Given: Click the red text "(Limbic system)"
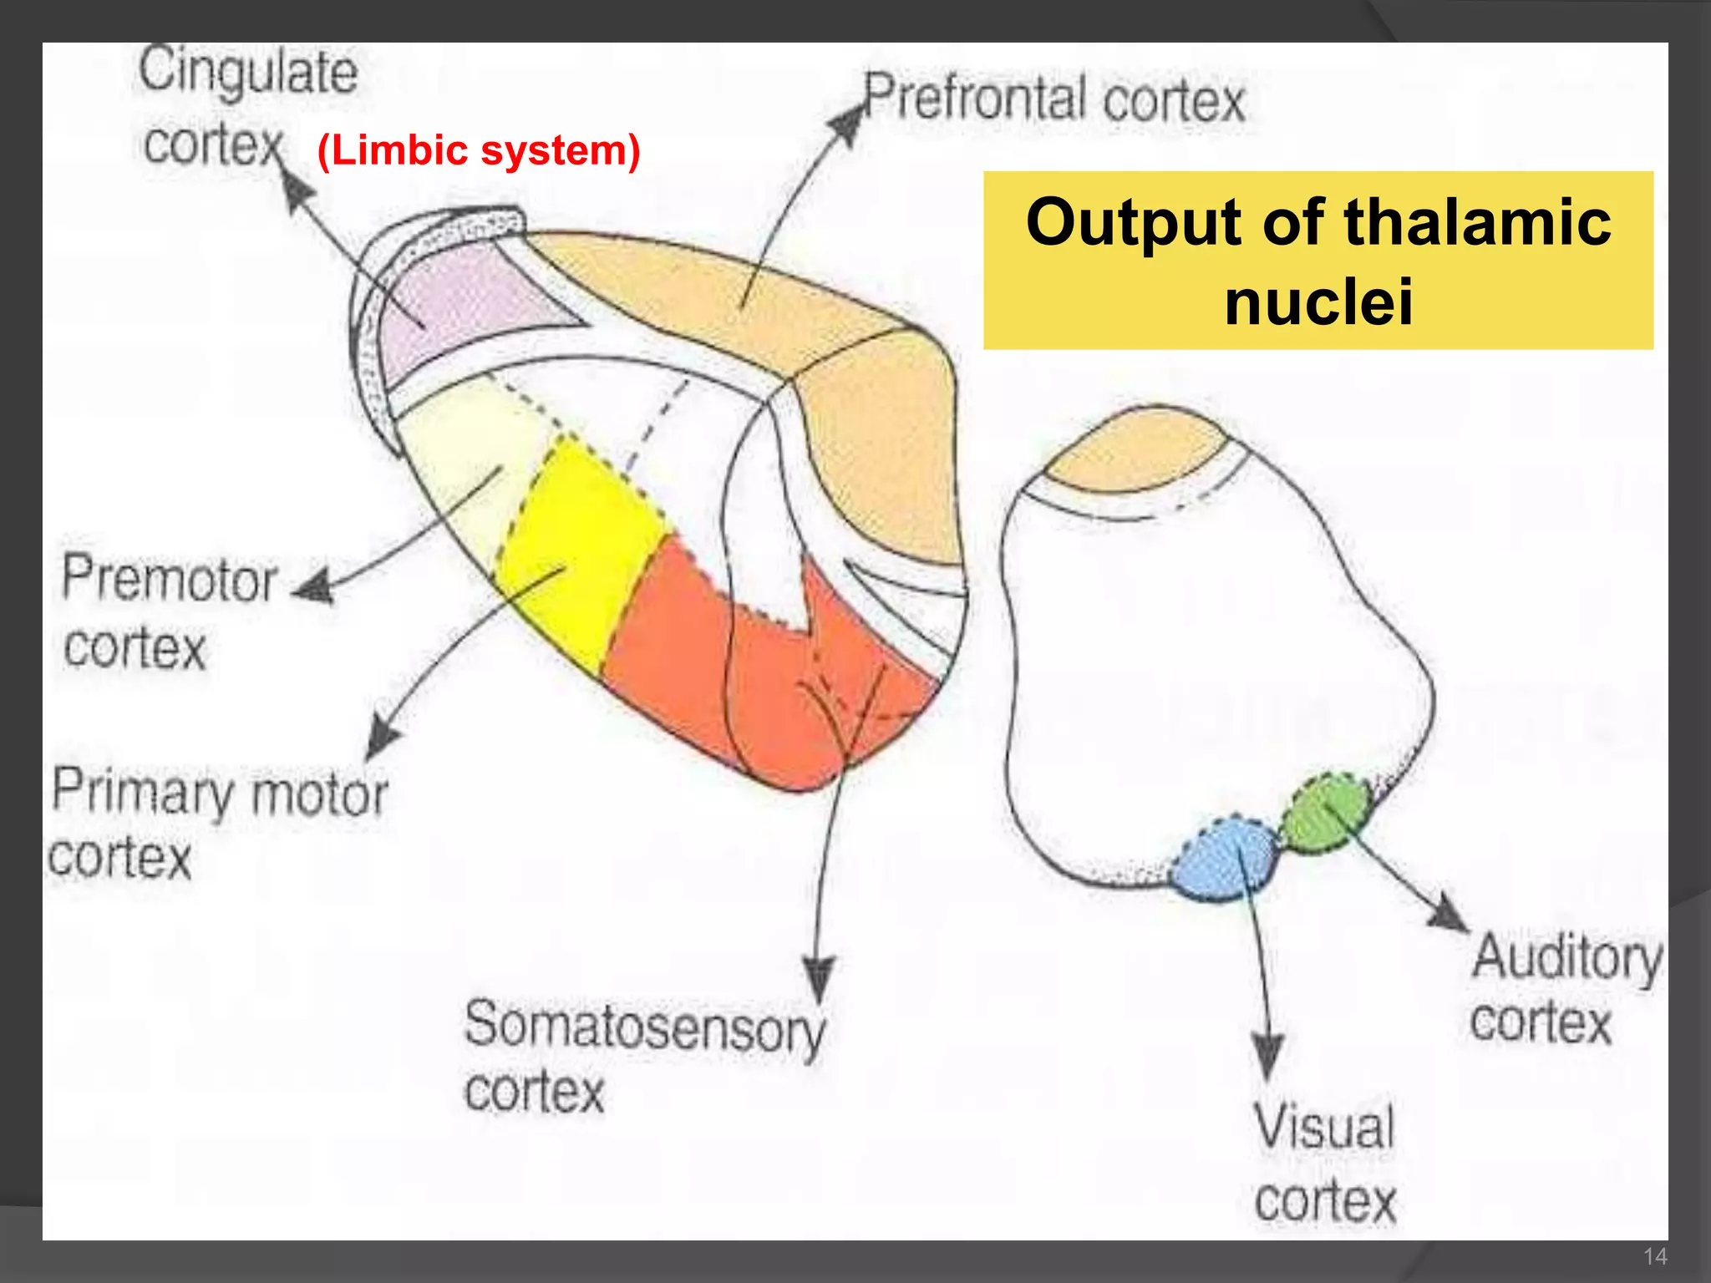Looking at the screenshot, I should pyautogui.click(x=479, y=151).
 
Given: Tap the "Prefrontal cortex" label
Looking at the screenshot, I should pyautogui.click(x=1054, y=99).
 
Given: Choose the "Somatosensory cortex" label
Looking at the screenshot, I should pyautogui.click(x=643, y=1057).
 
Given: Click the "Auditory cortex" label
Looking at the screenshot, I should pyautogui.click(x=1565, y=990).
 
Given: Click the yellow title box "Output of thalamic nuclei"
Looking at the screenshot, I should pyautogui.click(x=1318, y=261).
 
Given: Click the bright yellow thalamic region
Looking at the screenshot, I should pyautogui.click(x=576, y=551).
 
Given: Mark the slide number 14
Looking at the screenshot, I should pyautogui.click(x=1655, y=1255).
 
